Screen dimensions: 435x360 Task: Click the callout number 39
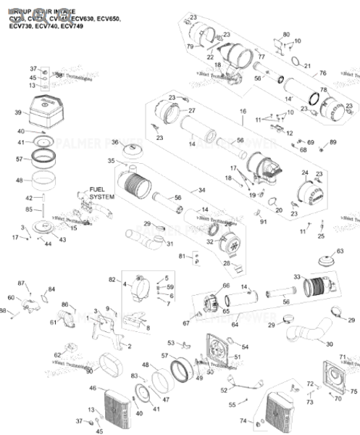(18, 113)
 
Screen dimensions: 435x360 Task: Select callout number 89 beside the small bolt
(333, 142)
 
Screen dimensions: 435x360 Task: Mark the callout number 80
(285, 35)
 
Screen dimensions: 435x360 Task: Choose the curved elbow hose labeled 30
(309, 337)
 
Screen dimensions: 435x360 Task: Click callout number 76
(323, 73)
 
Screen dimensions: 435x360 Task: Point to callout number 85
(29, 210)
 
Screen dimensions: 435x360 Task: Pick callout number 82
(112, 280)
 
